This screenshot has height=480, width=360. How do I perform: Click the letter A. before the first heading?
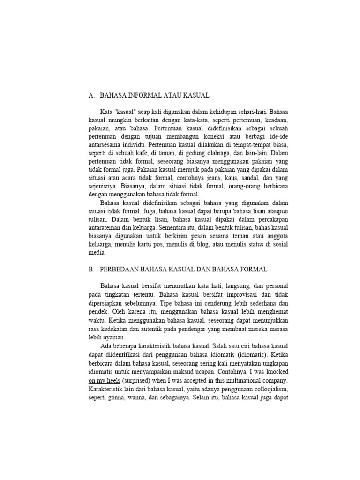point(91,95)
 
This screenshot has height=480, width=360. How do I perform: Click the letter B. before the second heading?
point(91,270)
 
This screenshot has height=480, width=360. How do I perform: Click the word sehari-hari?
point(253,112)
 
